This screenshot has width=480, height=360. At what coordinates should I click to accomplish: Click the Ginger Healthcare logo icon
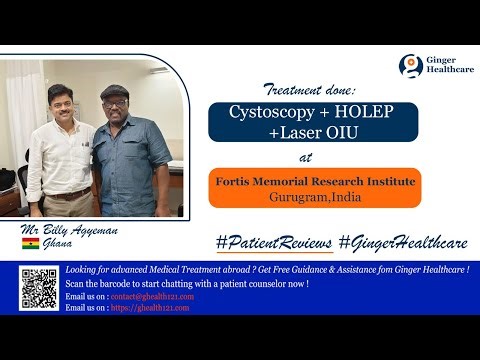[408, 66]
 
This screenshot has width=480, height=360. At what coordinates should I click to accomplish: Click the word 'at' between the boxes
[306, 157]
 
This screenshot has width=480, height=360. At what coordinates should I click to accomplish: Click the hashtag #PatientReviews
[272, 243]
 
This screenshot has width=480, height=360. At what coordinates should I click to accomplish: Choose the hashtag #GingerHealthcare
[399, 243]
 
